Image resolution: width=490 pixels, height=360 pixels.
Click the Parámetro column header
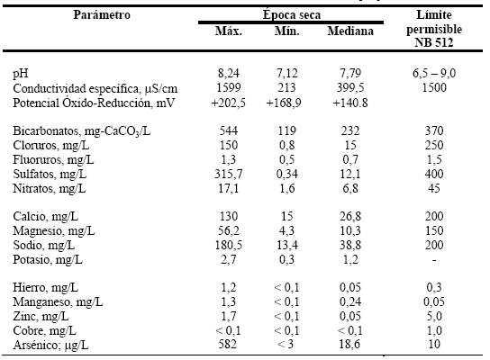[102, 15]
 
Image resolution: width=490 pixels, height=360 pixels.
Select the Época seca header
[292, 15]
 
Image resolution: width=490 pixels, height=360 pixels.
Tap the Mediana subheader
[350, 31]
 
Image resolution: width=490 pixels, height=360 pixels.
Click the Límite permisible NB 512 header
[434, 29]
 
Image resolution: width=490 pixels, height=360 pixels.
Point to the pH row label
[21, 74]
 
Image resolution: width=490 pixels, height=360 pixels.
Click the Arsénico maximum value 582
[228, 344]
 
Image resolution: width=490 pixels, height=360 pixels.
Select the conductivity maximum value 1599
[229, 87]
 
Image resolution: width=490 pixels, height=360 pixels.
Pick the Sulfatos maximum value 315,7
[229, 174]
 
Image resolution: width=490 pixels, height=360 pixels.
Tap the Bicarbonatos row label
[82, 130]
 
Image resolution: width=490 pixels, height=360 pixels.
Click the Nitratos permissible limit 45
[434, 188]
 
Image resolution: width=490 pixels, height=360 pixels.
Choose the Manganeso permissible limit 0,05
[434, 301]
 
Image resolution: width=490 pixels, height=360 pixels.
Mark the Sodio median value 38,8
[350, 245]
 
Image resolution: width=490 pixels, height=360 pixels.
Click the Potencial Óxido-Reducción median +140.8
[350, 103]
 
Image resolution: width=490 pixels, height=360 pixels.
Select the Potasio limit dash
[434, 260]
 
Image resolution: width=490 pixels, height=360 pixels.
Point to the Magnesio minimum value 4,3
[286, 231]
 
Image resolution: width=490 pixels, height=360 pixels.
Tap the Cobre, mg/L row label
[45, 330]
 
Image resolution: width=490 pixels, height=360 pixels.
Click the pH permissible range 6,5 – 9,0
[434, 74]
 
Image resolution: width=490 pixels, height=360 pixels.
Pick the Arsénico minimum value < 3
[286, 344]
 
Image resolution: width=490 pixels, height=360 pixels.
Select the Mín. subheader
[286, 31]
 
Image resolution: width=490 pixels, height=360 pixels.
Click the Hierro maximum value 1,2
[229, 288]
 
